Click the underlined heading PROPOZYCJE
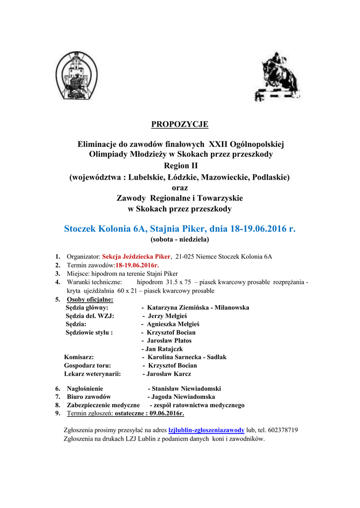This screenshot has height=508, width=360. (x=180, y=124)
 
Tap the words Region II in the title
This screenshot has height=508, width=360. (x=180, y=165)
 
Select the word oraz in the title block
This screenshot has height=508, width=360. (x=180, y=188)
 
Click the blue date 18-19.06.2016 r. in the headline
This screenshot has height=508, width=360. (x=262, y=229)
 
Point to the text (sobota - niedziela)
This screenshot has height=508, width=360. (x=180, y=239)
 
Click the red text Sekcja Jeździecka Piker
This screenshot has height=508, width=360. (x=136, y=256)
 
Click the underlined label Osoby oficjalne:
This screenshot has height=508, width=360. (x=90, y=299)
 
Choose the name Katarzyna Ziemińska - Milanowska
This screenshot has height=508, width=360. (x=198, y=308)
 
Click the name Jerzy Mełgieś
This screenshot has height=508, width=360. (x=167, y=316)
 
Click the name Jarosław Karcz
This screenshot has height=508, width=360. (x=168, y=374)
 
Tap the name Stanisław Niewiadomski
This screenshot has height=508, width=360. (x=186, y=388)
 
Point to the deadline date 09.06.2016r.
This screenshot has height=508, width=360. (x=166, y=413)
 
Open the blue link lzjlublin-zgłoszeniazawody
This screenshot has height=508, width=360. (x=207, y=430)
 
